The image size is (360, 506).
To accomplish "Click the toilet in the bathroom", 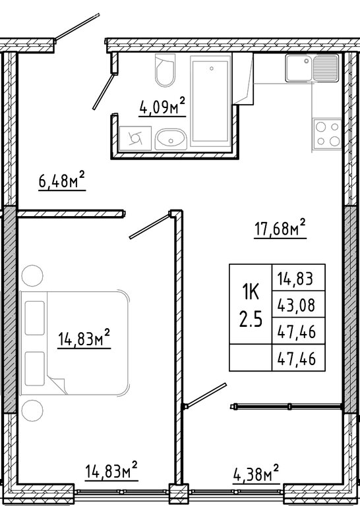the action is (x=165, y=70).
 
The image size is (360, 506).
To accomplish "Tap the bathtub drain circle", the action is (x=212, y=69).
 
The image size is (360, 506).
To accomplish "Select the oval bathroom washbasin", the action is (x=171, y=140).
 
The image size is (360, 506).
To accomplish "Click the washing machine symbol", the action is (x=135, y=138).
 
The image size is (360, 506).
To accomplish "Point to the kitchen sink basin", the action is (x=299, y=68).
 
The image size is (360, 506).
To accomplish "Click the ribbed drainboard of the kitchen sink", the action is (x=326, y=68).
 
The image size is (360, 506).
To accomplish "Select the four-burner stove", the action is (x=328, y=134).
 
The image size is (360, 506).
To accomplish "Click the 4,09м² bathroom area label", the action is (x=162, y=107).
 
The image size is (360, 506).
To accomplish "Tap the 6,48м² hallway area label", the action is (x=62, y=181).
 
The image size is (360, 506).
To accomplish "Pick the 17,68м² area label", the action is (x=280, y=228).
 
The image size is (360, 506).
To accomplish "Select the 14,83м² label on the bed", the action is (x=84, y=338).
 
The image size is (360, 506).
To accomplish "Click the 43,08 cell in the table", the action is (x=296, y=304).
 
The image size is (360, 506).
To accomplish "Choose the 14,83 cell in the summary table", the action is (x=295, y=278).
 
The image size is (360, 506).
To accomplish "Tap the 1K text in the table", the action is (x=251, y=293).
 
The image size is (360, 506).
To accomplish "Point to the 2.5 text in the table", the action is (x=251, y=320).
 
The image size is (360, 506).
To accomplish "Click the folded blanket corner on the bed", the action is (x=57, y=385).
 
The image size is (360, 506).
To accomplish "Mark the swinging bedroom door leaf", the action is (x=150, y=227).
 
